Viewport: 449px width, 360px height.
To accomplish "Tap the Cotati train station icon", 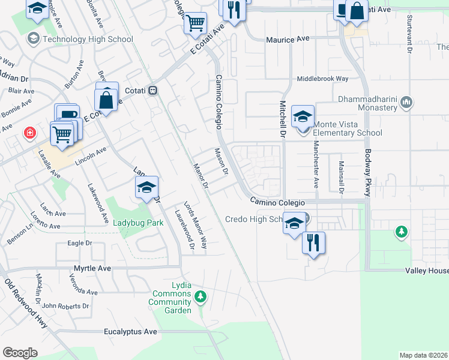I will [x=153, y=90].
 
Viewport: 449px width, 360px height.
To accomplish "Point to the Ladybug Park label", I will [x=139, y=223].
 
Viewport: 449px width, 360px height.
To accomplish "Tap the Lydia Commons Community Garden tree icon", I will [x=201, y=296].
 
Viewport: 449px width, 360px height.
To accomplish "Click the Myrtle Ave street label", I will [x=92, y=268].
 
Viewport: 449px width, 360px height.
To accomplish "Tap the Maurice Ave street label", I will [x=288, y=39].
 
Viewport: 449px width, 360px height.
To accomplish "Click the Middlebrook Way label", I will [x=323, y=79].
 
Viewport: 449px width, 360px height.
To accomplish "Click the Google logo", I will [x=20, y=353].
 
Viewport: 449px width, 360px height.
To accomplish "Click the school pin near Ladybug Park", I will [x=146, y=188].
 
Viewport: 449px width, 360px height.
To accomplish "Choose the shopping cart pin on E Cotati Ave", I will [x=196, y=23].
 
